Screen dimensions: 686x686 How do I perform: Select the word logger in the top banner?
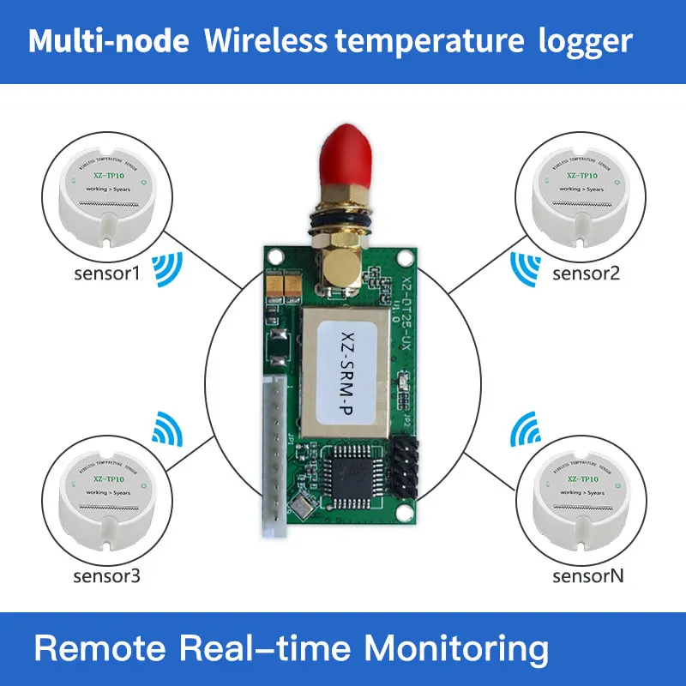[x=590, y=41]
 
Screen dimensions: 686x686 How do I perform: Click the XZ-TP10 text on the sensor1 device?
[x=109, y=175]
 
